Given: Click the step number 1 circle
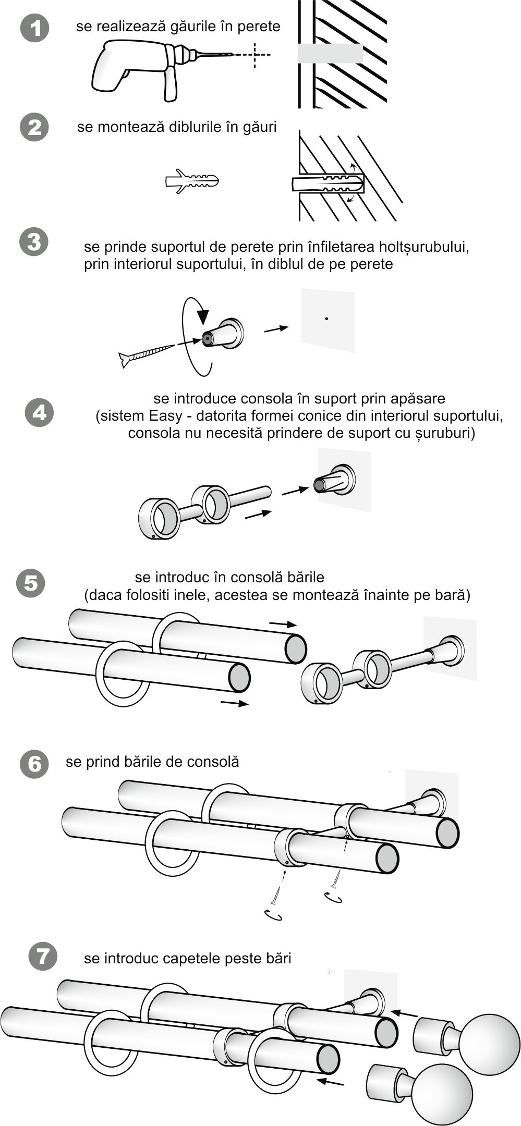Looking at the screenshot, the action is coord(34,29).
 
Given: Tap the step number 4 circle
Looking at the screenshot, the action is coord(40,413).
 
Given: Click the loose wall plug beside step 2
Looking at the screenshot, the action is coord(192,181).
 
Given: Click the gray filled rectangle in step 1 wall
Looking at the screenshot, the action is coord(330,54).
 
